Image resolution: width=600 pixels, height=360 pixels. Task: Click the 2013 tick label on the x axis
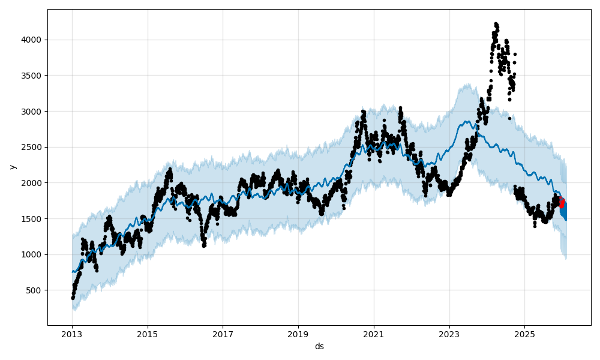tap(72, 334)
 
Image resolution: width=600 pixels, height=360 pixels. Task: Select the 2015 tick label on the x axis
tap(147, 334)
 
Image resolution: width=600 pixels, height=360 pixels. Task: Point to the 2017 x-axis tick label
tap(223, 334)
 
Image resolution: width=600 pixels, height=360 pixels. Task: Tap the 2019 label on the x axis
tap(298, 334)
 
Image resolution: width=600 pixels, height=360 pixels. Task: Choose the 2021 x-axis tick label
tap(374, 334)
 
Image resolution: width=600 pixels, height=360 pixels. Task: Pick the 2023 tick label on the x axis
tap(449, 334)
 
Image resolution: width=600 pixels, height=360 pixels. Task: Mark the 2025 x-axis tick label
tap(524, 334)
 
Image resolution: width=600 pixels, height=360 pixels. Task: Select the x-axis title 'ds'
tap(319, 346)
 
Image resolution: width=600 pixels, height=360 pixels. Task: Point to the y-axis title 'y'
tap(11, 167)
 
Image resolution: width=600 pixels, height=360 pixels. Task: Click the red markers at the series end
tap(562, 203)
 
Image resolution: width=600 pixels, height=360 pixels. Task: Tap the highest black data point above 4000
tap(496, 24)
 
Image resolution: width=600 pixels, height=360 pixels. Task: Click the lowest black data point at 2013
tap(73, 298)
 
